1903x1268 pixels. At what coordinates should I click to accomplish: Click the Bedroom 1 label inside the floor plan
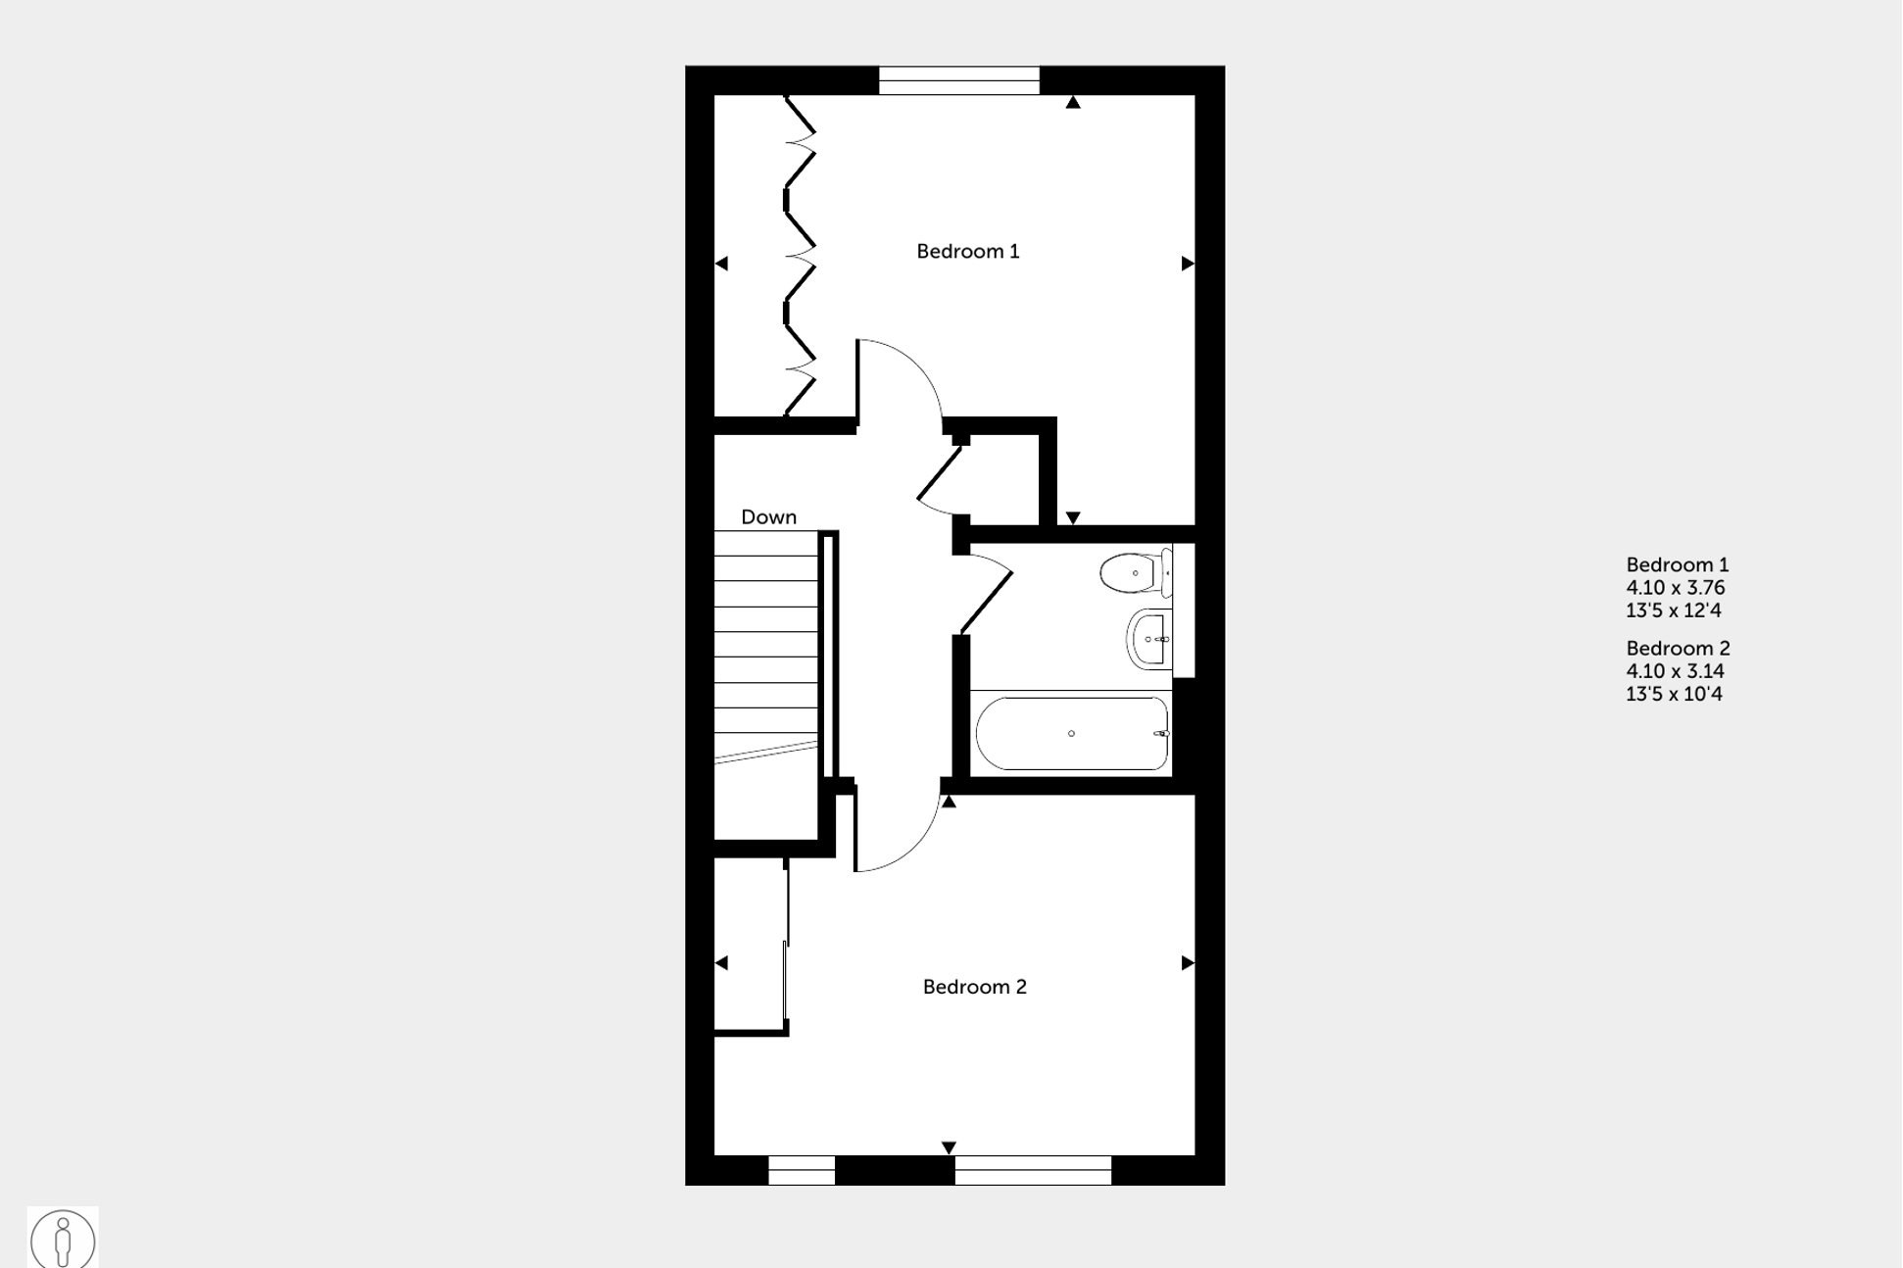pyautogui.click(x=967, y=252)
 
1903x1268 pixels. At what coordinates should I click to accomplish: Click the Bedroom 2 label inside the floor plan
pyautogui.click(x=974, y=987)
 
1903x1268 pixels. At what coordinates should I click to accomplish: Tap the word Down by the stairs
pyautogui.click(x=768, y=517)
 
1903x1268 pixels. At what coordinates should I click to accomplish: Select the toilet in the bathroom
pyautogui.click(x=1133, y=573)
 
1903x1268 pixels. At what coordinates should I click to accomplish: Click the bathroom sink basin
pyautogui.click(x=1148, y=639)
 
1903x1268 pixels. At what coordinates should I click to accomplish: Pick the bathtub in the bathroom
pyautogui.click(x=1071, y=733)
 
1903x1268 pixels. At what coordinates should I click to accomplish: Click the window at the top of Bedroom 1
pyautogui.click(x=958, y=80)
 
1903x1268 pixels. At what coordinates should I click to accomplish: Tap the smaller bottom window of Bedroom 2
pyautogui.click(x=801, y=1170)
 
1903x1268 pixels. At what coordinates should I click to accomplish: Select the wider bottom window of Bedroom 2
pyautogui.click(x=1033, y=1170)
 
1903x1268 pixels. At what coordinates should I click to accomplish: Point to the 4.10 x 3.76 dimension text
pyautogui.click(x=1675, y=588)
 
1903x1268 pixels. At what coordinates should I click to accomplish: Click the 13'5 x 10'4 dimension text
pyautogui.click(x=1674, y=694)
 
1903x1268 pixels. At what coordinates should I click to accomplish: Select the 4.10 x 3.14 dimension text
pyautogui.click(x=1675, y=671)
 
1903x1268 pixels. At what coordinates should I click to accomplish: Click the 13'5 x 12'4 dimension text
pyautogui.click(x=1673, y=610)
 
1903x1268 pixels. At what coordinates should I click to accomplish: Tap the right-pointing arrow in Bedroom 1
pyautogui.click(x=1188, y=264)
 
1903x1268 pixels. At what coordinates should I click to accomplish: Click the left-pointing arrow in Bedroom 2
pyautogui.click(x=721, y=963)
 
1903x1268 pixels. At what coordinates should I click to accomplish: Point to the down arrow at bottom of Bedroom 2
pyautogui.click(x=949, y=1147)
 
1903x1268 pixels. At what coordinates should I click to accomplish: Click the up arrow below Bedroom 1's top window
pyautogui.click(x=1073, y=102)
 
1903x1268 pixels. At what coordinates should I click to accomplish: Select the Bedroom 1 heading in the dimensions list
pyautogui.click(x=1677, y=564)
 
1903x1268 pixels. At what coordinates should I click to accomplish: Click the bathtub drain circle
pyautogui.click(x=1071, y=733)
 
